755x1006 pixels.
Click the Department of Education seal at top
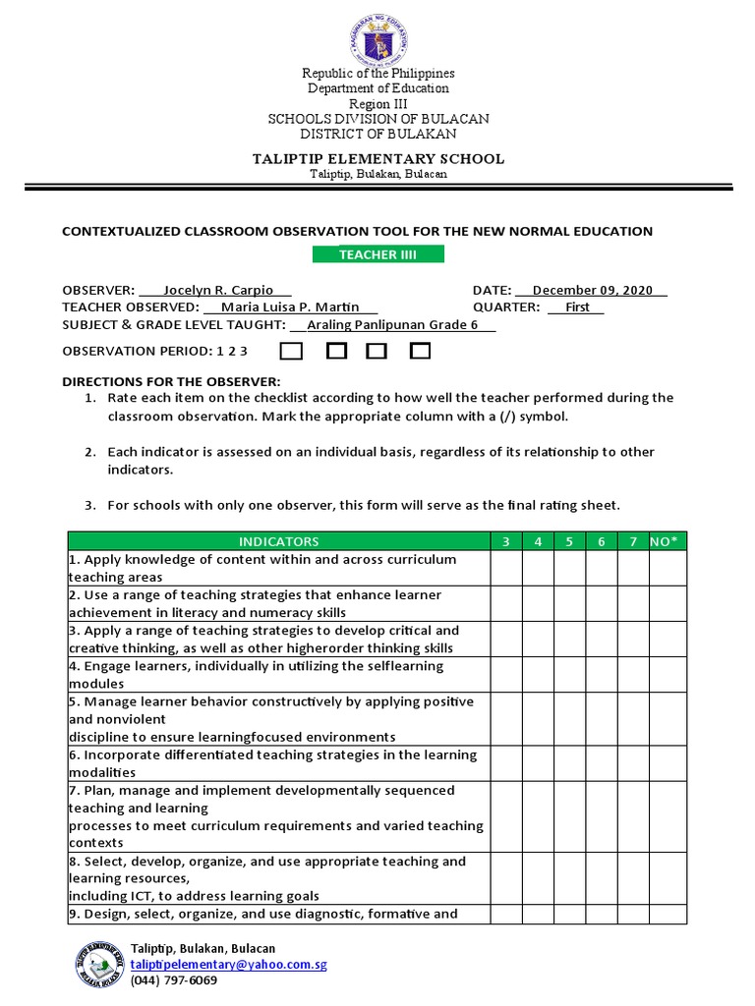(377, 38)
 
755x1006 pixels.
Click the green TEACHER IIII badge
(377, 255)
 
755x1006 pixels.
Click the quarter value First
(577, 307)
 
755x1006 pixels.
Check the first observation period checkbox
(291, 351)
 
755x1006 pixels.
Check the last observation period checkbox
(421, 351)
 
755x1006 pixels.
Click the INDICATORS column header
(279, 541)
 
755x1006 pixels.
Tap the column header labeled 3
(506, 541)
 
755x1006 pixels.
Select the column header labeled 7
(633, 541)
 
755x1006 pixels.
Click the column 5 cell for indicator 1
(570, 568)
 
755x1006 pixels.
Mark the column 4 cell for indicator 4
(538, 675)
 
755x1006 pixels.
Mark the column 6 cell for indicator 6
(602, 763)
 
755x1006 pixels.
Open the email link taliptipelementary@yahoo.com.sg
(228, 965)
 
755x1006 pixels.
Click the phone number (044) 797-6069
(174, 980)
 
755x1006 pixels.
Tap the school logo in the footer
(99, 964)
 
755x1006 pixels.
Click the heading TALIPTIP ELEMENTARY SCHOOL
(377, 158)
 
